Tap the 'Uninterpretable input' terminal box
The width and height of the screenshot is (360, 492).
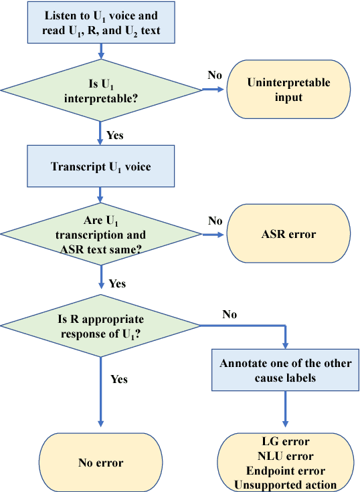[288, 90]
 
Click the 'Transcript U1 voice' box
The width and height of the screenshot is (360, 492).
[100, 166]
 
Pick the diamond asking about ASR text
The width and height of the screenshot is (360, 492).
[100, 234]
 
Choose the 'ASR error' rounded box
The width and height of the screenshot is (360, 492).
[288, 235]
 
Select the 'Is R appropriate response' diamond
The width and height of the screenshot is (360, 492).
[100, 326]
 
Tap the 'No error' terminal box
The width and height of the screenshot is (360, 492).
[100, 461]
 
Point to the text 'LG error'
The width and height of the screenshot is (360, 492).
[286, 443]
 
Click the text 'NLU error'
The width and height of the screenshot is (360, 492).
[286, 457]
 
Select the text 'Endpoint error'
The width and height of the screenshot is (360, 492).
[286, 471]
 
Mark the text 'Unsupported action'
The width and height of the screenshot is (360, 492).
[286, 485]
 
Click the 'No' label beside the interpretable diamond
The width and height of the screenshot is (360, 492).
[214, 75]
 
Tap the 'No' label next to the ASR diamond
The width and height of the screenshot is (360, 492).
[214, 221]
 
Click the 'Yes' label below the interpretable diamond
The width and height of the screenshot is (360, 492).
[115, 136]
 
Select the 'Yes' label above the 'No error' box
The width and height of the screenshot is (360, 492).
[118, 379]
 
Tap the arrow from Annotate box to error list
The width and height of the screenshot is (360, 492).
[286, 409]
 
